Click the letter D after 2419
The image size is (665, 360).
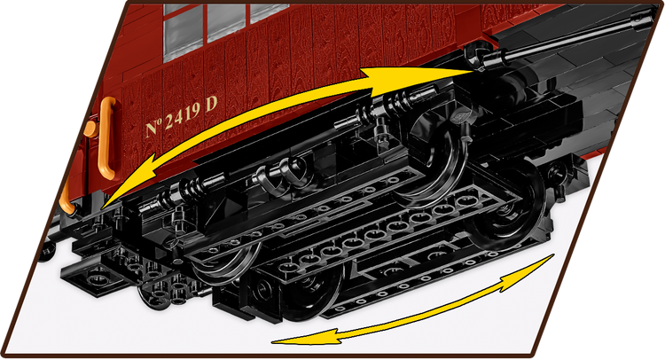pyautogui.click(x=212, y=104)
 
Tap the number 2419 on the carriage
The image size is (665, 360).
pyautogui.click(x=182, y=116)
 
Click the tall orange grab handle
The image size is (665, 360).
pyautogui.click(x=107, y=137)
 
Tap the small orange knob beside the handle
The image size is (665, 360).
pyautogui.click(x=90, y=129)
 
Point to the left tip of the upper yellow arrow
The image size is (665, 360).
pyautogui.click(x=102, y=208)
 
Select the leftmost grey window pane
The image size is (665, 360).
pyautogui.click(x=183, y=33)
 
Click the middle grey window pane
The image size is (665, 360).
pyautogui.click(x=226, y=22)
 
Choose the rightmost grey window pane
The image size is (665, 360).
pyautogui.click(x=268, y=12)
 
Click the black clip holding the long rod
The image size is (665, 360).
pyautogui.click(x=479, y=56)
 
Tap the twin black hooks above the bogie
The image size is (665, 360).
pyautogui.click(x=281, y=176)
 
